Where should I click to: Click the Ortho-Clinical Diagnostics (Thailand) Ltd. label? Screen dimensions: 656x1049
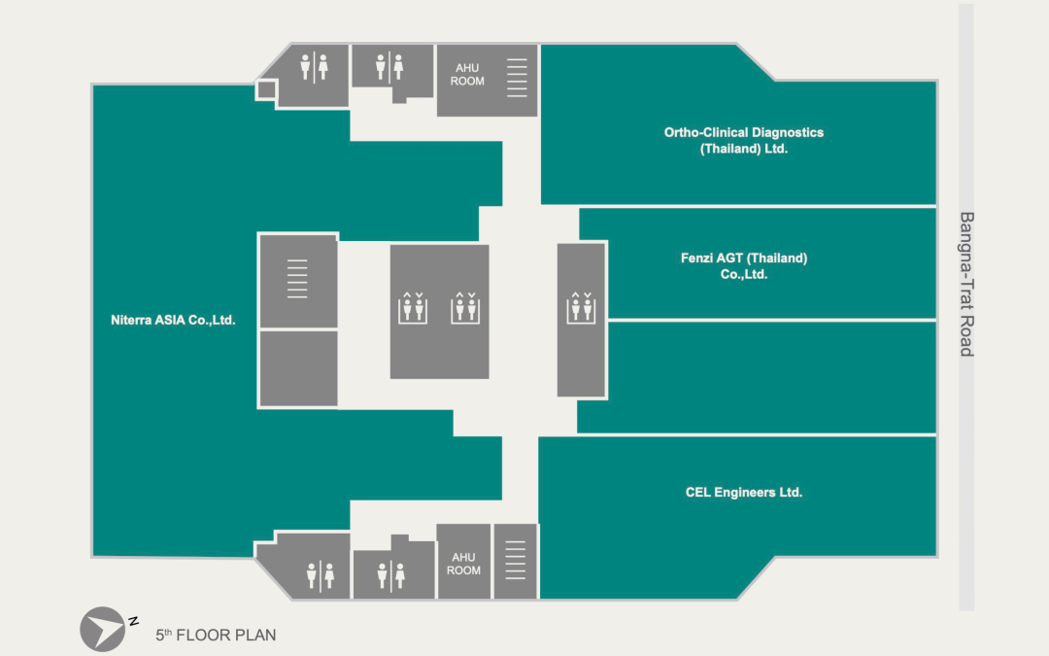coord(743,141)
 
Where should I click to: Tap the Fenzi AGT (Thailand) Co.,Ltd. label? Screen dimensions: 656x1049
coord(743,266)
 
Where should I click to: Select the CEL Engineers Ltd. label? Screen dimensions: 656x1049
coord(743,493)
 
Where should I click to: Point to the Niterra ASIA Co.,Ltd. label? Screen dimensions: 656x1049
coord(173,320)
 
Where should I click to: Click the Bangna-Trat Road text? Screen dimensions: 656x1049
coord(965,284)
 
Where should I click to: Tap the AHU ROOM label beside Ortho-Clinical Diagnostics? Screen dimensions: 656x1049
coord(468,75)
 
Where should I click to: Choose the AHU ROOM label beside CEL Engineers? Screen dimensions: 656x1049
coord(463,564)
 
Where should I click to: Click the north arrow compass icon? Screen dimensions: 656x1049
coord(102,629)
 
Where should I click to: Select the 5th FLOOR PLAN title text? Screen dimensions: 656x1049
coord(216,636)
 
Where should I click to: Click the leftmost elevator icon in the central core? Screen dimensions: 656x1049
coord(413,307)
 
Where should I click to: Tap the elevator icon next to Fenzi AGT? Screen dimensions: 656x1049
coord(582,307)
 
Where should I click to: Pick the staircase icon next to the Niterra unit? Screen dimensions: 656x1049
coord(297,278)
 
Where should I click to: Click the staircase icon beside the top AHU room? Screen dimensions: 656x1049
coord(517,78)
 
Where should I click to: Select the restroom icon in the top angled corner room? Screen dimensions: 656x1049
coord(314,67)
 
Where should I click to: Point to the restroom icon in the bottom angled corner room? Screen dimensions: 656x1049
coord(320,575)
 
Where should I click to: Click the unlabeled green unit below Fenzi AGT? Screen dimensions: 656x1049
coord(757,377)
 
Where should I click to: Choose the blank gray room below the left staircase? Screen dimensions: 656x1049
coord(298,368)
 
